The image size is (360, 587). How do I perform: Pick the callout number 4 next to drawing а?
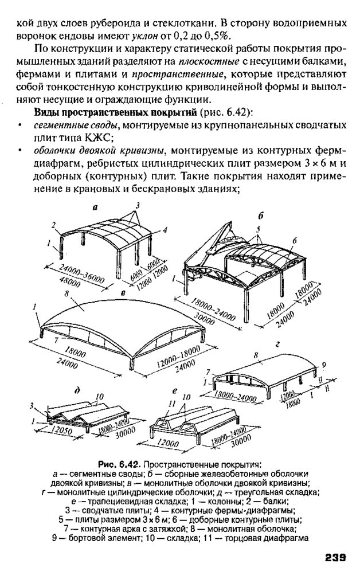coord(165,230)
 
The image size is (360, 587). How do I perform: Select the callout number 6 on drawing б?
coord(295,240)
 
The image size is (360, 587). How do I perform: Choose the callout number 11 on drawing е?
coord(171,404)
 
